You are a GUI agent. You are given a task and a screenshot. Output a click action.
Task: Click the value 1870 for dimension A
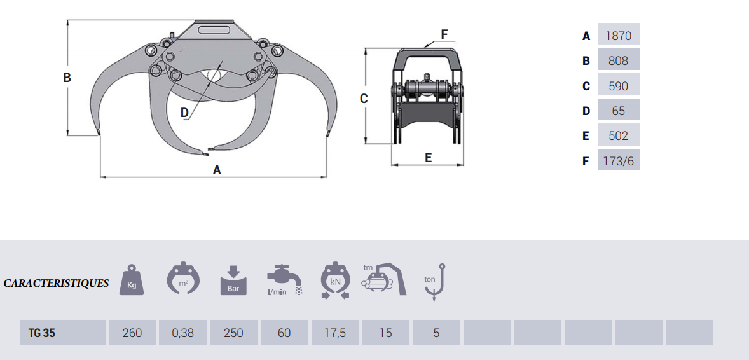pos(618,36)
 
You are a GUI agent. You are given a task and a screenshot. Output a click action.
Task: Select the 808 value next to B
pos(618,60)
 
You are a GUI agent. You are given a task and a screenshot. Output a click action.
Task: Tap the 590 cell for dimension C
pos(618,86)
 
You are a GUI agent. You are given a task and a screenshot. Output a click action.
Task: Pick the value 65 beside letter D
pos(618,111)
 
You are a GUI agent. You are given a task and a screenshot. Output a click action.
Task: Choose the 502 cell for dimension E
pos(618,135)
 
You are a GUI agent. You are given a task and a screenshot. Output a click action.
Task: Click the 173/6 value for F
pos(618,161)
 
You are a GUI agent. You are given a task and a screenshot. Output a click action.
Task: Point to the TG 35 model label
pos(41,333)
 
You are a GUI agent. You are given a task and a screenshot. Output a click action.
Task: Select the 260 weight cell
pos(132,333)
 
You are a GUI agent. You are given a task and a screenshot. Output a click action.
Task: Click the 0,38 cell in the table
pos(182,333)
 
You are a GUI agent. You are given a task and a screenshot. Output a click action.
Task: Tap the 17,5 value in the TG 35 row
pos(335,333)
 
